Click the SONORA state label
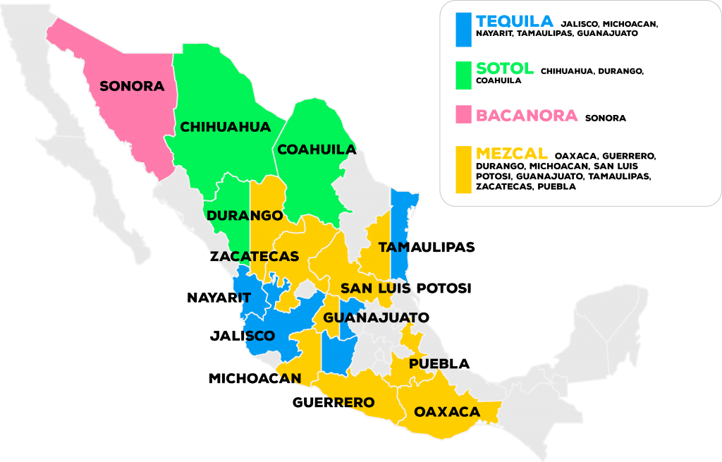click(x=132, y=87)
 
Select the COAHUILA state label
click(x=317, y=150)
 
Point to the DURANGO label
click(x=245, y=215)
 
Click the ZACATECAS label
click(x=255, y=256)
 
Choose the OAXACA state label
click(x=447, y=412)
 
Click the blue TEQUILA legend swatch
click(x=463, y=30)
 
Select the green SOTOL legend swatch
click(x=463, y=75)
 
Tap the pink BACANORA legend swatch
click(x=463, y=114)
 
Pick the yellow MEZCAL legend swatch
click(x=463, y=169)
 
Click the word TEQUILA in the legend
click(x=515, y=21)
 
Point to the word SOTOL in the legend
click(x=505, y=69)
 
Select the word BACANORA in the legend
click(x=527, y=115)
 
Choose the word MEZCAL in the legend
click(x=512, y=154)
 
